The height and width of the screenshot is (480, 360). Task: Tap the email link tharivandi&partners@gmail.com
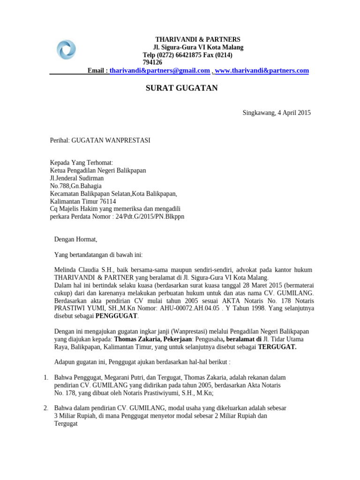point(159,70)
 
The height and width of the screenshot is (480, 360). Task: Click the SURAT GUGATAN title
point(181,88)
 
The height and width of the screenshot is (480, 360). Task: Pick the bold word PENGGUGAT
point(117,316)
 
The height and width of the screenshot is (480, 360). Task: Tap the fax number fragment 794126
point(152,62)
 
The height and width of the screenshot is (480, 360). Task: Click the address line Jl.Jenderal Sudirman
point(77,178)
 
